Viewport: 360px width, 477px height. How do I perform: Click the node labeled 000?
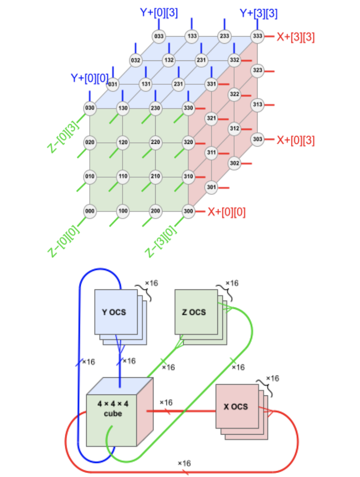[90, 211]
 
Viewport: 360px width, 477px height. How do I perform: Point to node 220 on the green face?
[156, 142]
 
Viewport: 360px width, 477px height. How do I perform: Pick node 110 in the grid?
[123, 176]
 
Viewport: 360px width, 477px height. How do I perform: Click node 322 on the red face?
[235, 94]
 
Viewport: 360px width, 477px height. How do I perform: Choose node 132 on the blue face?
[169, 60]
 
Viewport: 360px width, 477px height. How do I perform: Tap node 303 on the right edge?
[257, 139]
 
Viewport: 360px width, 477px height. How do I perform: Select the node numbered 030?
[90, 108]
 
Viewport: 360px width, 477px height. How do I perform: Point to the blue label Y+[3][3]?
[258, 13]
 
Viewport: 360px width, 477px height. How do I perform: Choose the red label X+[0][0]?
[226, 211]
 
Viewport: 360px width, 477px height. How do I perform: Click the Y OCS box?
[115, 312]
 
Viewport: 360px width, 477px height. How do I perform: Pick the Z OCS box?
[194, 312]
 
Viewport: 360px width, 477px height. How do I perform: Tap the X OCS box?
[235, 406]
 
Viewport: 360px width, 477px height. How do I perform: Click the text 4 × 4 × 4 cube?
[113, 408]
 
